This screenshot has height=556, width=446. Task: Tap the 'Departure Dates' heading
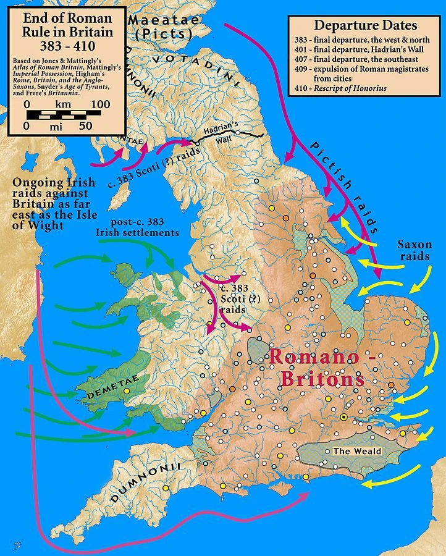pos(365,25)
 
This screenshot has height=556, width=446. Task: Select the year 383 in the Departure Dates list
pos(301,40)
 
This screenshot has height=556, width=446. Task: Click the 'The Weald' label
pos(357,451)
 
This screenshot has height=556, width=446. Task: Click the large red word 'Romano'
pos(312,356)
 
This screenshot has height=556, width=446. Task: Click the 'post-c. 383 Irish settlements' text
pos(137,227)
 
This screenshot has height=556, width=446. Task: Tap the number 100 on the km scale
pos(96,104)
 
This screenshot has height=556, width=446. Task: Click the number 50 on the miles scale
pos(85,125)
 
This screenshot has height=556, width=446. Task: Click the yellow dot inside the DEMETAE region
pos(127,390)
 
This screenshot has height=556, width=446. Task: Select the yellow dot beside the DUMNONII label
pos(165,489)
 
